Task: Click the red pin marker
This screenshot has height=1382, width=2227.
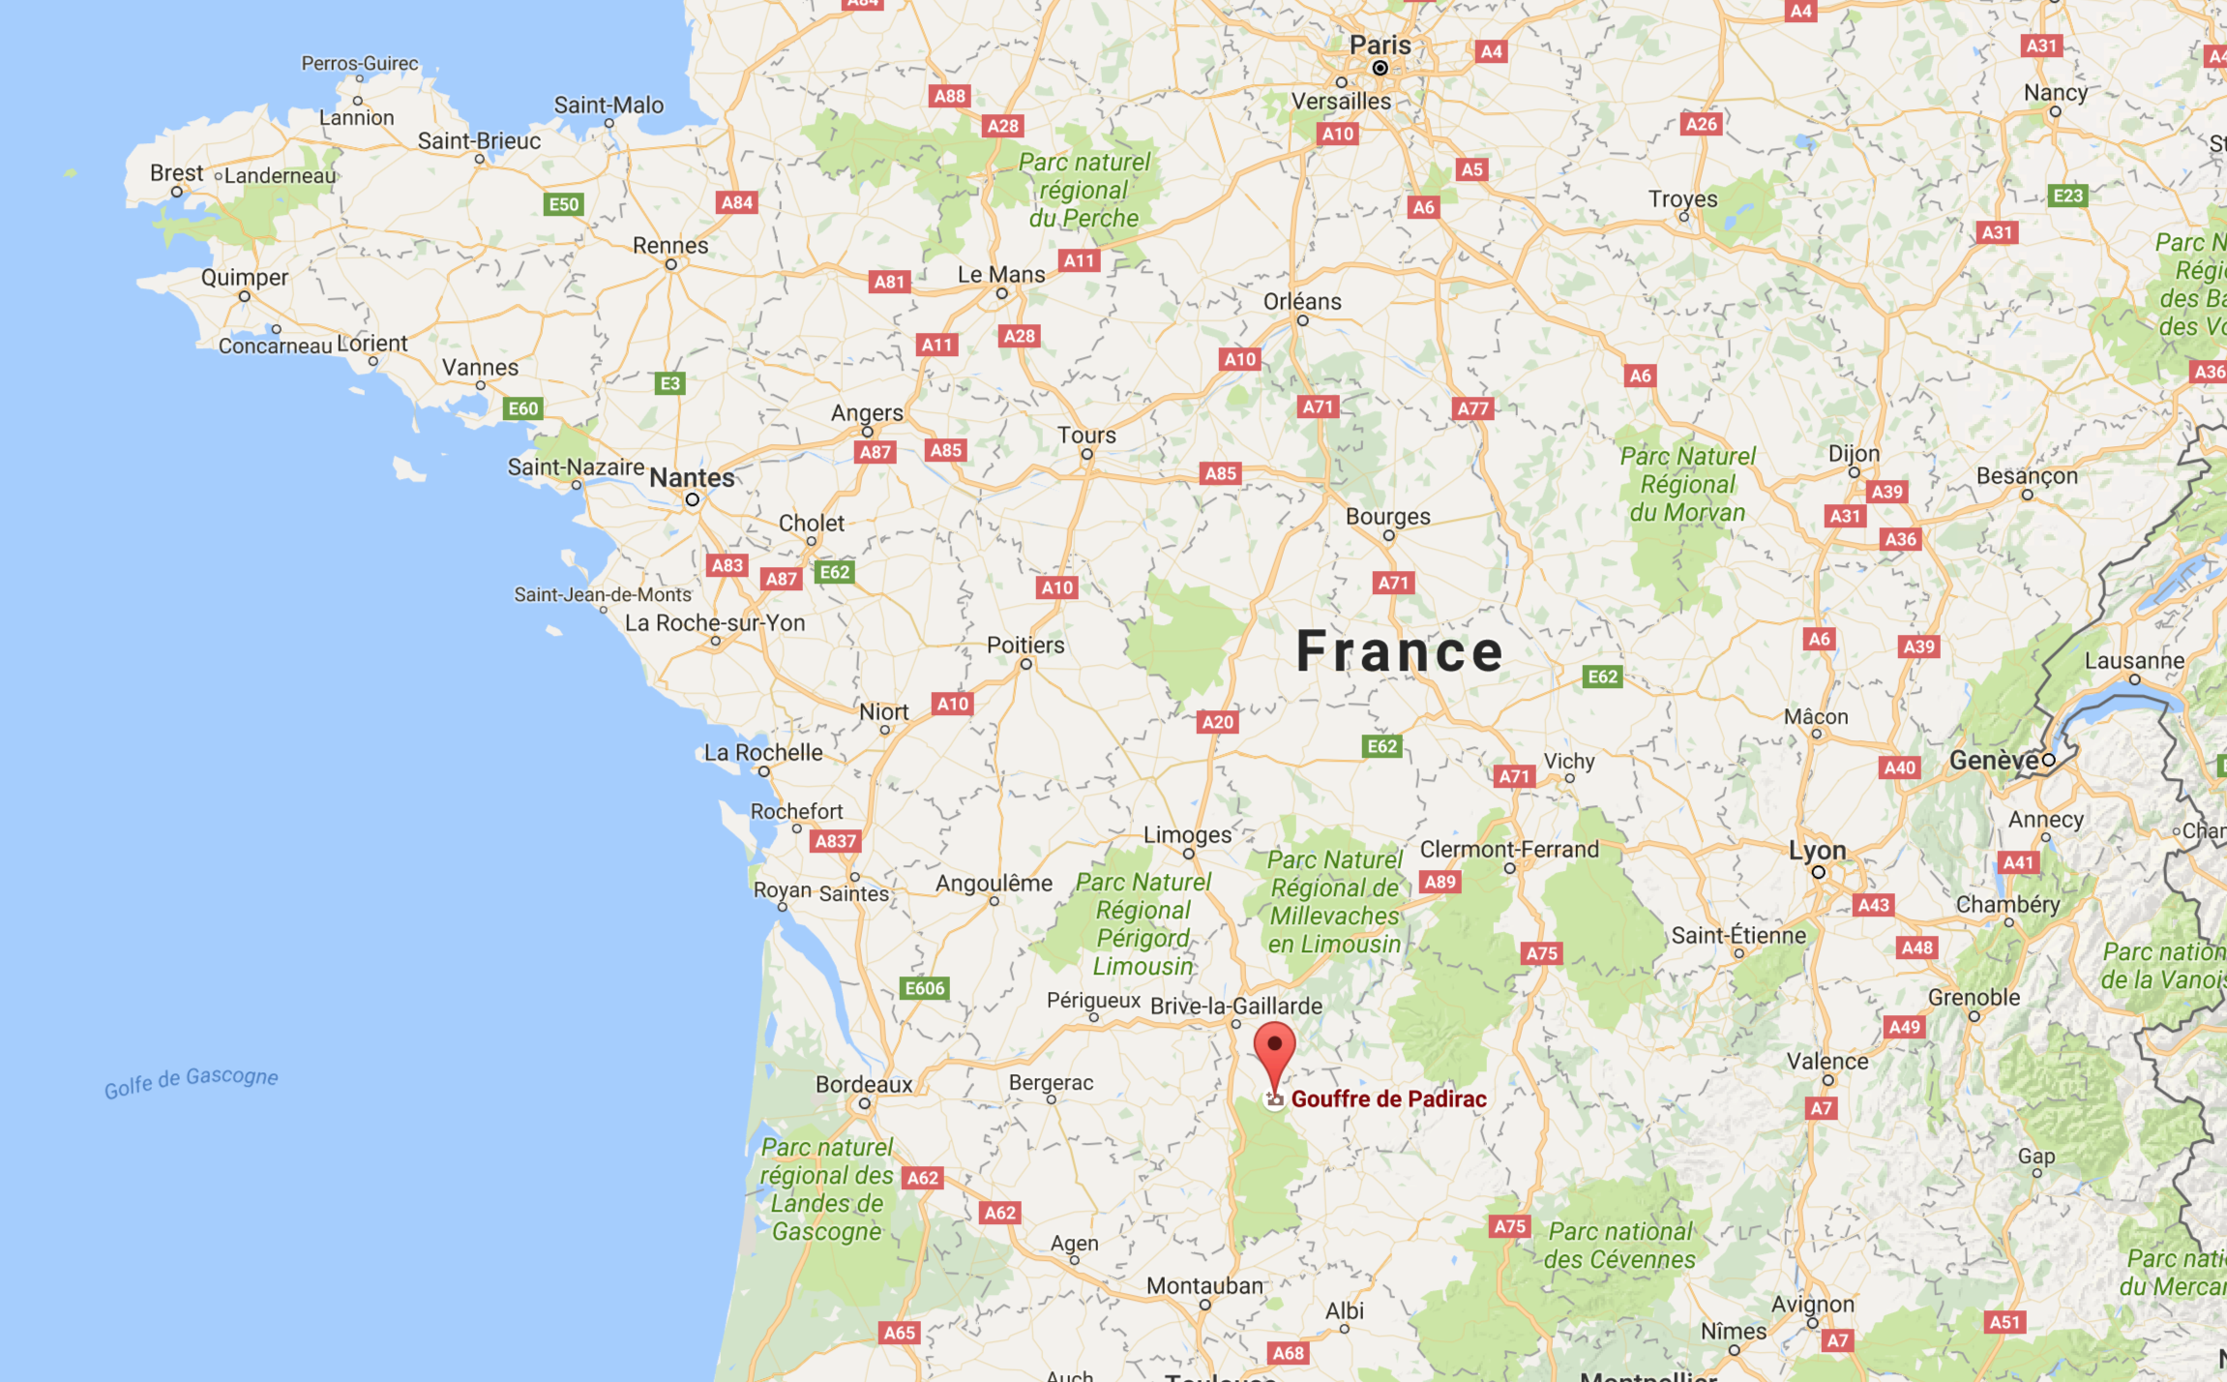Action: pos(1274,1050)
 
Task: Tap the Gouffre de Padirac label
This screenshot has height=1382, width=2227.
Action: pos(1388,1099)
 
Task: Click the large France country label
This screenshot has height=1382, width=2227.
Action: pos(1399,651)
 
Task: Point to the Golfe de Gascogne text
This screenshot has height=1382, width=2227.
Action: pos(192,1082)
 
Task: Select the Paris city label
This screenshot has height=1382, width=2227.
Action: pos(1380,45)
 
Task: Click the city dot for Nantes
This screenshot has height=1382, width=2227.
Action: pos(693,500)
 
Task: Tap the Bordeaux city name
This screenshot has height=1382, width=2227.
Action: pos(863,1084)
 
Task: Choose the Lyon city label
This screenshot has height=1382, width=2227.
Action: pos(1817,851)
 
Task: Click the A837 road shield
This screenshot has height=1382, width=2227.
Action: pos(835,841)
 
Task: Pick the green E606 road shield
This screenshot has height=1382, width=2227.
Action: pos(924,988)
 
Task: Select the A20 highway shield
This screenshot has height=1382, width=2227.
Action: pos(1217,722)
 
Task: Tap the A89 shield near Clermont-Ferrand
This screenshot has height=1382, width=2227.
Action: pos(1440,882)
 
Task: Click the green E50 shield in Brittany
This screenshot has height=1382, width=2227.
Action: pos(563,204)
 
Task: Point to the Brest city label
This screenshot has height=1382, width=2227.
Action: pos(176,173)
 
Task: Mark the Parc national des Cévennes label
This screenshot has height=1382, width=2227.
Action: pos(1620,1246)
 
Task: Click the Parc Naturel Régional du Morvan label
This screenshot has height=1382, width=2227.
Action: pos(1687,485)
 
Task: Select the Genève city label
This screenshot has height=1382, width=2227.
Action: pos(1993,761)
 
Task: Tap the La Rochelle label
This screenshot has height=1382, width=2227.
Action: pos(763,753)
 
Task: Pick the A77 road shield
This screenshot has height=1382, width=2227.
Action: pos(1472,408)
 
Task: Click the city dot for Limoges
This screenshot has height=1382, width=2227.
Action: pos(1189,854)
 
